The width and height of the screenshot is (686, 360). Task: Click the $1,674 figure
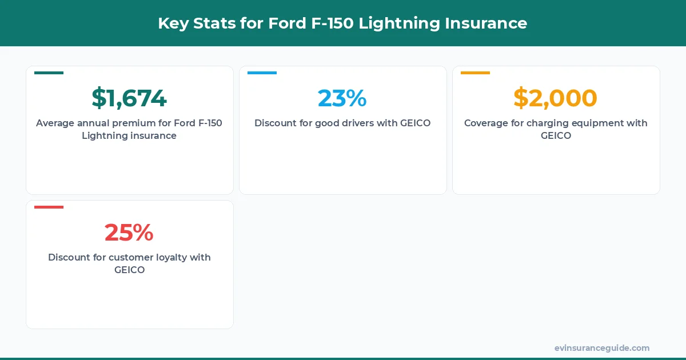(x=129, y=98)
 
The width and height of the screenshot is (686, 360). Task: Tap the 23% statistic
(x=342, y=98)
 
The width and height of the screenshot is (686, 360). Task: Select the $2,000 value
(x=555, y=98)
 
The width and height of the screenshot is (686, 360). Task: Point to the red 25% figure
(x=129, y=233)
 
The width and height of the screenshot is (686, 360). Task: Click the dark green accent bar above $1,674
(x=49, y=73)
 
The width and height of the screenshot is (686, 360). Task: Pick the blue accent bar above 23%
(x=262, y=73)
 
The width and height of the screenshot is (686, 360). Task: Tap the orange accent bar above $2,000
(x=475, y=73)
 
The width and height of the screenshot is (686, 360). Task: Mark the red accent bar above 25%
(x=49, y=207)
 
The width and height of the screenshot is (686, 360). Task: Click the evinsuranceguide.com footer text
(x=601, y=348)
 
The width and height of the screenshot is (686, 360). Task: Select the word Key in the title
(x=171, y=23)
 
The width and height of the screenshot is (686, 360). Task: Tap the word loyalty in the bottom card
(x=167, y=257)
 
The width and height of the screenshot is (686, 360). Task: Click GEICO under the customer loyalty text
(x=129, y=270)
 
